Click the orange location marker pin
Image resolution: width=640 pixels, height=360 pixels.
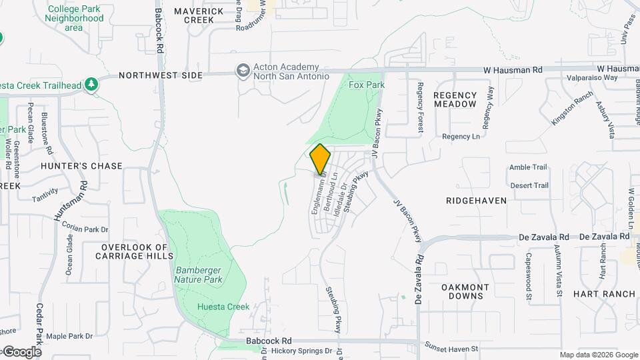coord(320,159)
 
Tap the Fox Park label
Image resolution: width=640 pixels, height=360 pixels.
coord(367,85)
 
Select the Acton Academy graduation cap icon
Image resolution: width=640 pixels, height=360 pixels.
coord(243,70)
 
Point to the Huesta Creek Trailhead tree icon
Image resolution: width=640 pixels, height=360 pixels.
coord(93,85)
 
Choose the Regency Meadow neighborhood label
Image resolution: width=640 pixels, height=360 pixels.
coord(455,100)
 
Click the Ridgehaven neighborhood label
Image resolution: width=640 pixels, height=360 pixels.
coord(477,200)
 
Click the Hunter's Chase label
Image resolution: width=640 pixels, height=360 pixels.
coord(81,166)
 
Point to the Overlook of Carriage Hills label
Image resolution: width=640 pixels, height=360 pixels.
coord(137,251)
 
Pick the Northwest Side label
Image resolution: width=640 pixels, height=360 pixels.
coord(161,75)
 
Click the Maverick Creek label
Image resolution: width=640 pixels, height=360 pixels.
coord(199,16)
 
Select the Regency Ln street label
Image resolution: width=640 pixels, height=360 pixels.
coord(461,137)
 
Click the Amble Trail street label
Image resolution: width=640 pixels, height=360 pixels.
coord(528,167)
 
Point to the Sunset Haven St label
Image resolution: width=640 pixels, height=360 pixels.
coord(451,349)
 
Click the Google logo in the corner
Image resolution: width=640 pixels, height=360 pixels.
coord(21,351)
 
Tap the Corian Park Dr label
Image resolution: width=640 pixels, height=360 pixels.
coord(85,228)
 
